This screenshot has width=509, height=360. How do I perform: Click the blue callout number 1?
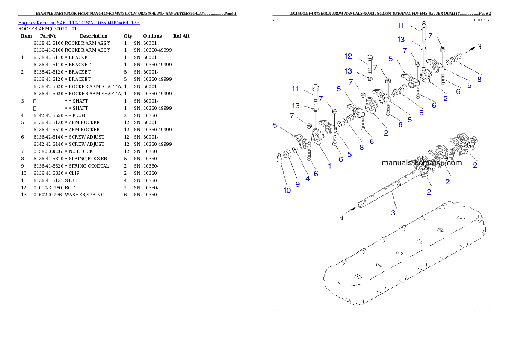[329, 165]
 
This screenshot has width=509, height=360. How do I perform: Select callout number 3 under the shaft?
[394, 212]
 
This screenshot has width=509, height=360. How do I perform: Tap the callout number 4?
[308, 179]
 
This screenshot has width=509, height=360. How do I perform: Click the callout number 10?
[287, 190]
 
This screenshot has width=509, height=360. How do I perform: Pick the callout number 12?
[348, 56]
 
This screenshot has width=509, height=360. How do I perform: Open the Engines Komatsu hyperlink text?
[79, 23]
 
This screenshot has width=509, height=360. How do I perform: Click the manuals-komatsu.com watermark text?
[421, 163]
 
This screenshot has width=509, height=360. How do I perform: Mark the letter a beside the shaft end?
[341, 218]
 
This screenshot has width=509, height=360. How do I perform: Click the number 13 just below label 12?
[349, 71]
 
